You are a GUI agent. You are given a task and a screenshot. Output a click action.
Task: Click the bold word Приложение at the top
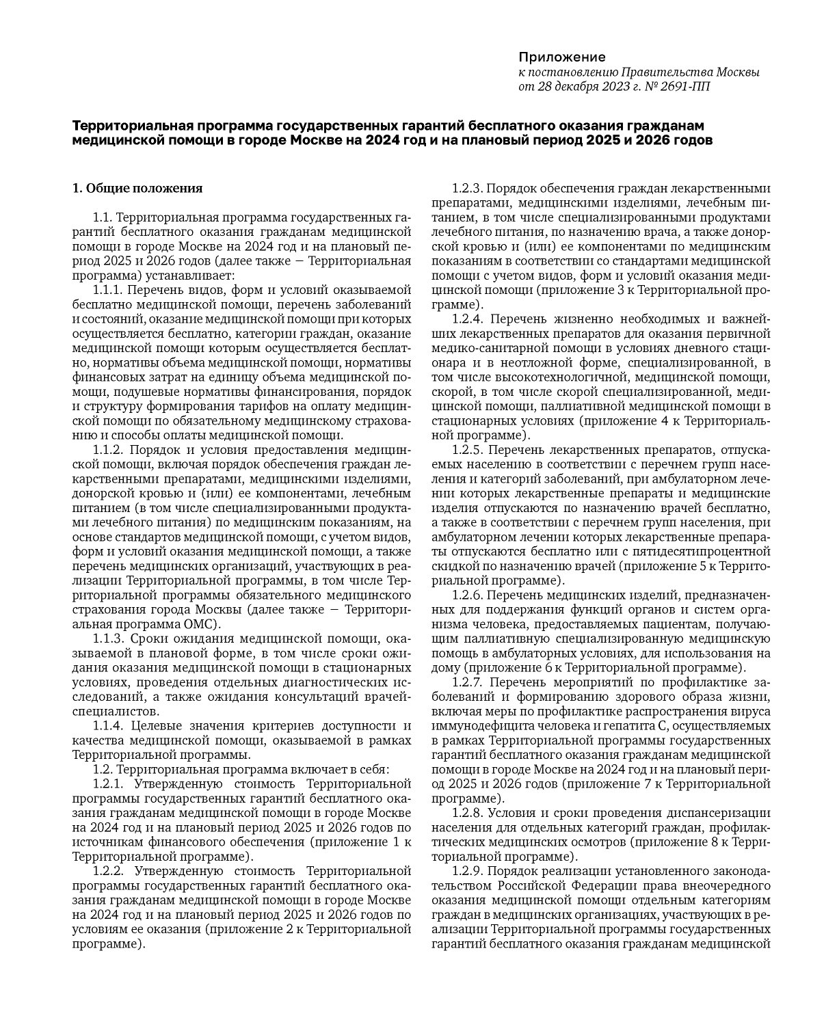click(x=561, y=57)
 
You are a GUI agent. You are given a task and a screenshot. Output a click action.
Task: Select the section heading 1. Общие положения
click(x=137, y=188)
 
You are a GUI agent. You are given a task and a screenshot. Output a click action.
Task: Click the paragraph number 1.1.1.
click(x=107, y=290)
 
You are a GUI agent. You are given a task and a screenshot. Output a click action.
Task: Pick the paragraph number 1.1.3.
click(x=107, y=639)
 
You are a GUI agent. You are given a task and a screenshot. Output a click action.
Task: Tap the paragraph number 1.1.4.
click(x=107, y=726)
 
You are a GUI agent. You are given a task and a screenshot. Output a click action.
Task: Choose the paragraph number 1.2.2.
click(x=107, y=871)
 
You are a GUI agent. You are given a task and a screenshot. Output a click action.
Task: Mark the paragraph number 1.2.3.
click(x=468, y=188)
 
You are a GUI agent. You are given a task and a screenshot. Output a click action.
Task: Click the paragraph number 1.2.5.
click(x=468, y=449)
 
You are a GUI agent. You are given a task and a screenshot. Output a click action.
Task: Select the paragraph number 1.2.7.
click(x=468, y=682)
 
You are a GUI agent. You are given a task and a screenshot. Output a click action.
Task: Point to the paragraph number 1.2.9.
click(x=468, y=871)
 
